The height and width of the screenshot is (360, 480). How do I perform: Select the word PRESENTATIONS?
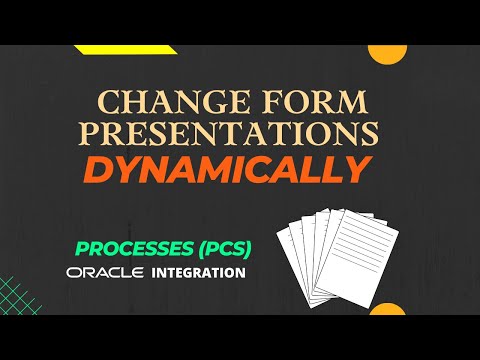[x=237, y=136]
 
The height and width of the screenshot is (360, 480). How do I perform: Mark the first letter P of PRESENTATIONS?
[x=108, y=136]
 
